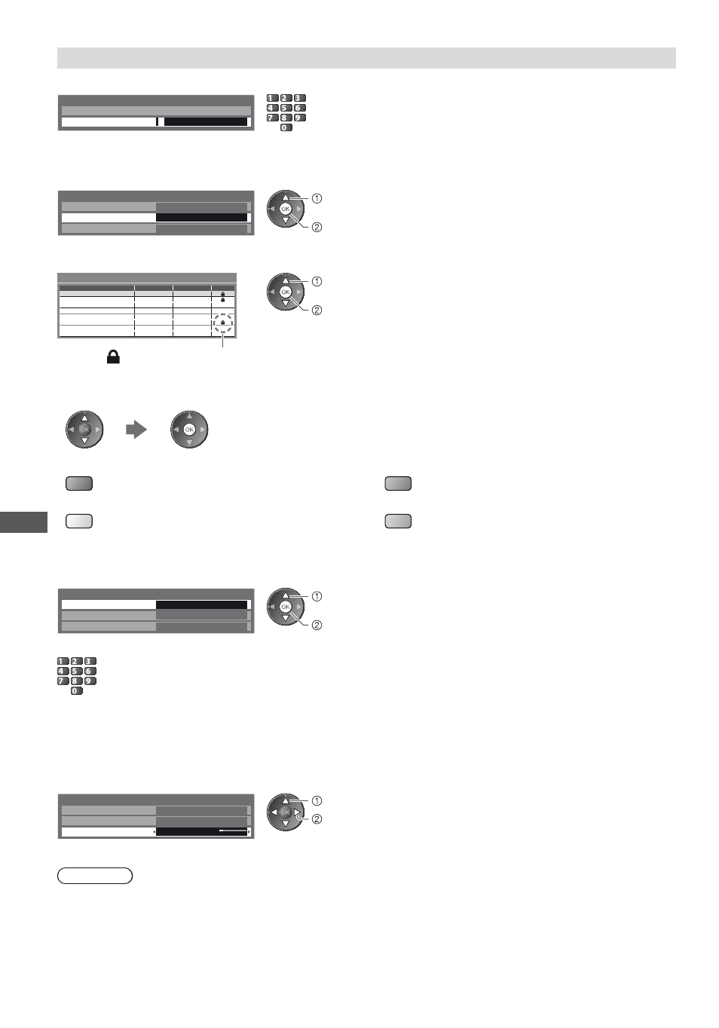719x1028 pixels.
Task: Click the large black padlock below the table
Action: (113, 356)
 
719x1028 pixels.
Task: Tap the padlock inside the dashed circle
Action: (223, 323)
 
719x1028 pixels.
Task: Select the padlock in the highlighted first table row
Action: (223, 294)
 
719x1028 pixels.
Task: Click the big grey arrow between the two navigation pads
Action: (136, 430)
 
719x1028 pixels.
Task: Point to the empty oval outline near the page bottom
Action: (95, 876)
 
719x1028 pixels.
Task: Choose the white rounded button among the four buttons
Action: (79, 522)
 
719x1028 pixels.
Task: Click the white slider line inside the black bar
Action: (233, 831)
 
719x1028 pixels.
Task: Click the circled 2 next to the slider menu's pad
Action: (317, 819)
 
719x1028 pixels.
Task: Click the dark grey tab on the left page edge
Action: (23, 522)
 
